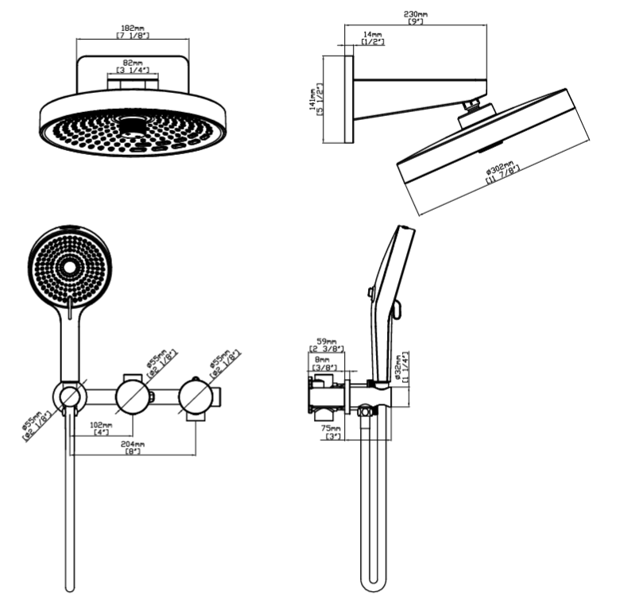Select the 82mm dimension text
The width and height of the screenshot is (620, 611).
tap(133, 63)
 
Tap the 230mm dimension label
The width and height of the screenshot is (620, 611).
tap(415, 14)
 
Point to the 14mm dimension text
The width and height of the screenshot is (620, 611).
tap(371, 35)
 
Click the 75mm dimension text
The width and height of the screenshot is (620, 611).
tap(330, 428)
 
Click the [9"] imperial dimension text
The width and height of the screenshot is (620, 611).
tap(415, 22)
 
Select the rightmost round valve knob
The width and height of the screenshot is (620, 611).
tap(196, 394)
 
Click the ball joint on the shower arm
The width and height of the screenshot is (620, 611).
tap(475, 105)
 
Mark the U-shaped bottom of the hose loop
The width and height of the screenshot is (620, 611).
tap(374, 584)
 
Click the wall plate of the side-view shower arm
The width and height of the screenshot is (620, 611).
tap(338, 99)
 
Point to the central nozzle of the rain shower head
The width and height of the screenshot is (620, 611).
tap(133, 124)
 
